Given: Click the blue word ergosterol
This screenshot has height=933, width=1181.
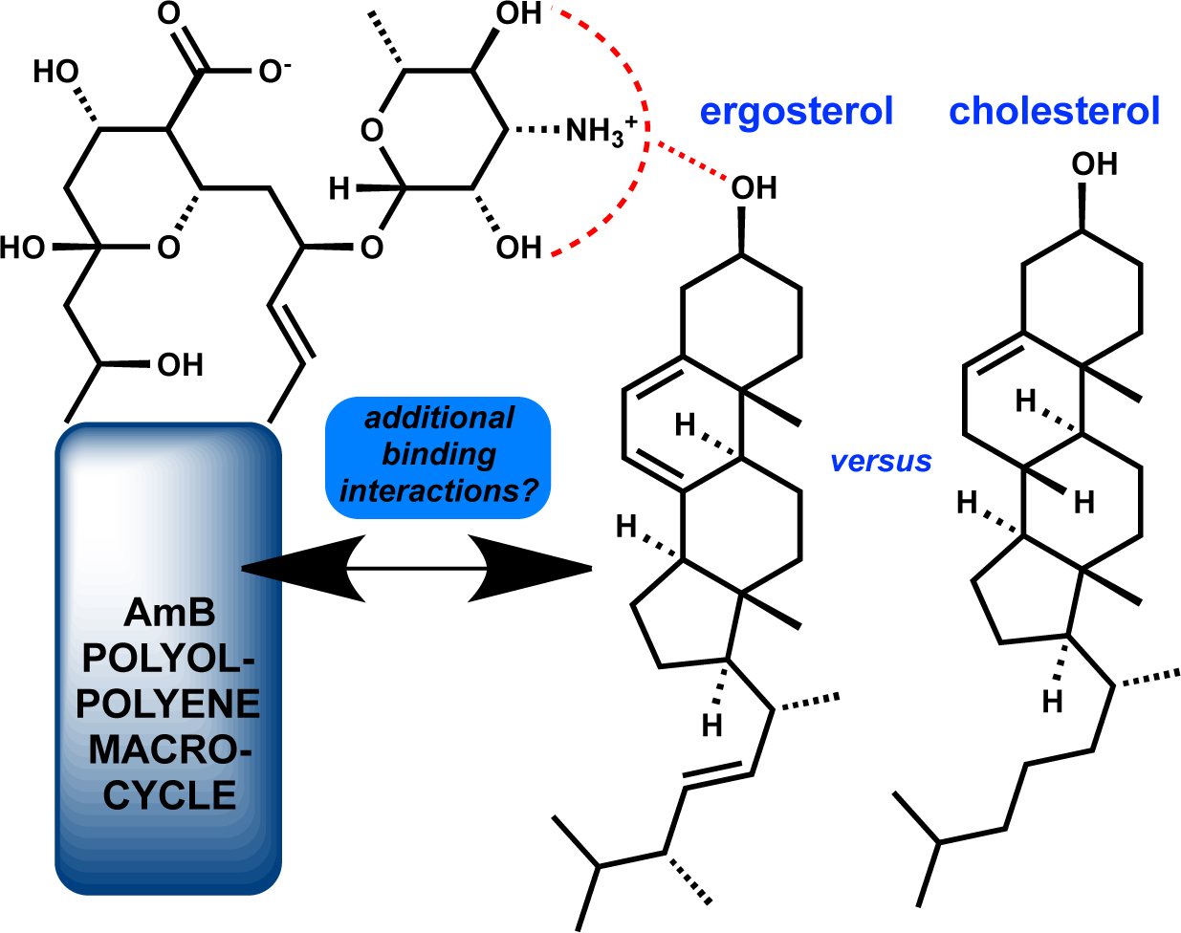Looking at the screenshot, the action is point(797,113).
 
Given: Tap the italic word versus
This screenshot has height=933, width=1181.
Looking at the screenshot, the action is point(881,461).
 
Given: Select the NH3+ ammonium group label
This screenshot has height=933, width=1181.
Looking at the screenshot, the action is point(601,132).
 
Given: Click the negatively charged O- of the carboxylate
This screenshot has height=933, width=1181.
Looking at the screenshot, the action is point(274,72).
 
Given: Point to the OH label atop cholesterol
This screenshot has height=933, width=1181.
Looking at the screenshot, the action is point(1094,163).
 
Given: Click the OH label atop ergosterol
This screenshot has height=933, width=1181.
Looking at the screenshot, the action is point(754,187).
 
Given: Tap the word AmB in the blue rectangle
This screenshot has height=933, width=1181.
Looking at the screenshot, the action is point(169,613).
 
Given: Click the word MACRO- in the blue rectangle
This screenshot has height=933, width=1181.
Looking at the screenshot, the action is point(170,749).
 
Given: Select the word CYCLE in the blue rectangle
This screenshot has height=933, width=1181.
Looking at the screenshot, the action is point(169,795).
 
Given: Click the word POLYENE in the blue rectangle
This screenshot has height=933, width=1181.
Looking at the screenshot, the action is point(168,705).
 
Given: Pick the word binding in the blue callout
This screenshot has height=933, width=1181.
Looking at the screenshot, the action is point(439,455).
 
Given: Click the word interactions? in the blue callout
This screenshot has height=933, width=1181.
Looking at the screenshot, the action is point(439,490).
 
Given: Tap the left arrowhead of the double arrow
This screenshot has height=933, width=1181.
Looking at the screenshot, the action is point(303,569).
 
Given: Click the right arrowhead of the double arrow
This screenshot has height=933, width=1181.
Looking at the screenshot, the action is point(530,569).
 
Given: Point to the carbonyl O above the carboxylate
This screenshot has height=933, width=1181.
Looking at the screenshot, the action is point(168,13).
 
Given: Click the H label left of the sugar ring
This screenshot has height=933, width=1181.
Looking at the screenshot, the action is point(339,189).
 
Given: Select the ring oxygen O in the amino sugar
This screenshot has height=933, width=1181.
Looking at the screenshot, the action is point(372,131).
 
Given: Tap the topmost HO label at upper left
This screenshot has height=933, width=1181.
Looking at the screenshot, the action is point(55,72).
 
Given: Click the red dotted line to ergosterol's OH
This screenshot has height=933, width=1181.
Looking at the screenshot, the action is point(691,161).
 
